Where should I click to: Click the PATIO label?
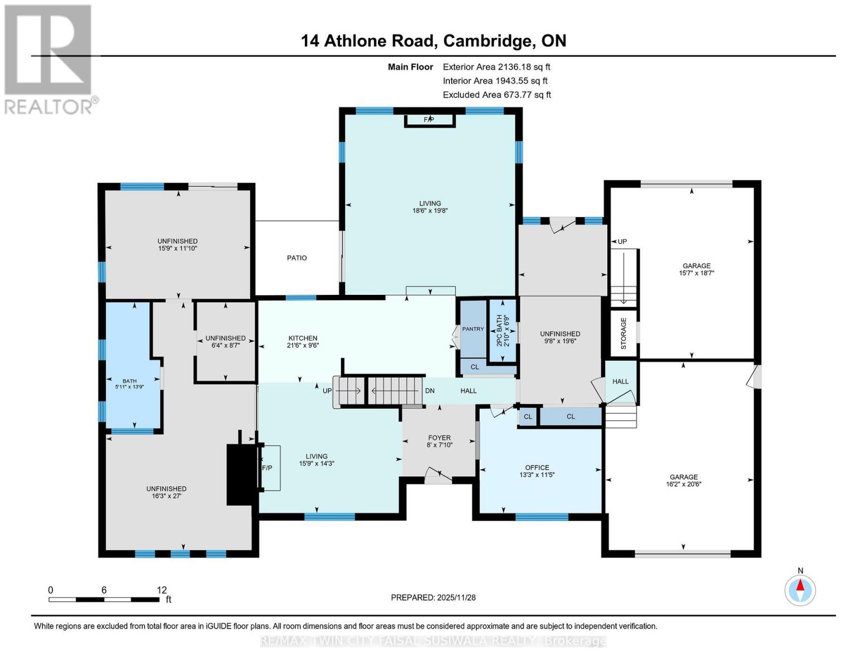coord(296,258)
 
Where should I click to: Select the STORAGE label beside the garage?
coord(623,333)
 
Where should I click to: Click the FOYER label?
coord(439,438)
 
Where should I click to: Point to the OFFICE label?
coord(537,467)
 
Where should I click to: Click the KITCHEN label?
coord(303,338)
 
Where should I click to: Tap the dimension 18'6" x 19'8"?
coord(430,210)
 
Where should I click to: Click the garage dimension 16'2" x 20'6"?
coord(683,484)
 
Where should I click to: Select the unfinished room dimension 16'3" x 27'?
coord(166,496)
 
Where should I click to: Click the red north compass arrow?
coord(800,585)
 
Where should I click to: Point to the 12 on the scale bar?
coord(161,590)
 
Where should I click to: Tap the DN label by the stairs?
coord(430,391)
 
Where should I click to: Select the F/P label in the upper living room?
coord(429,119)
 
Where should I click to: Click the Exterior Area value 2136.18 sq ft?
coord(524,67)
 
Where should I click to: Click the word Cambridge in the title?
coord(489,41)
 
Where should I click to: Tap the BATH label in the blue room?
coord(130,381)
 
